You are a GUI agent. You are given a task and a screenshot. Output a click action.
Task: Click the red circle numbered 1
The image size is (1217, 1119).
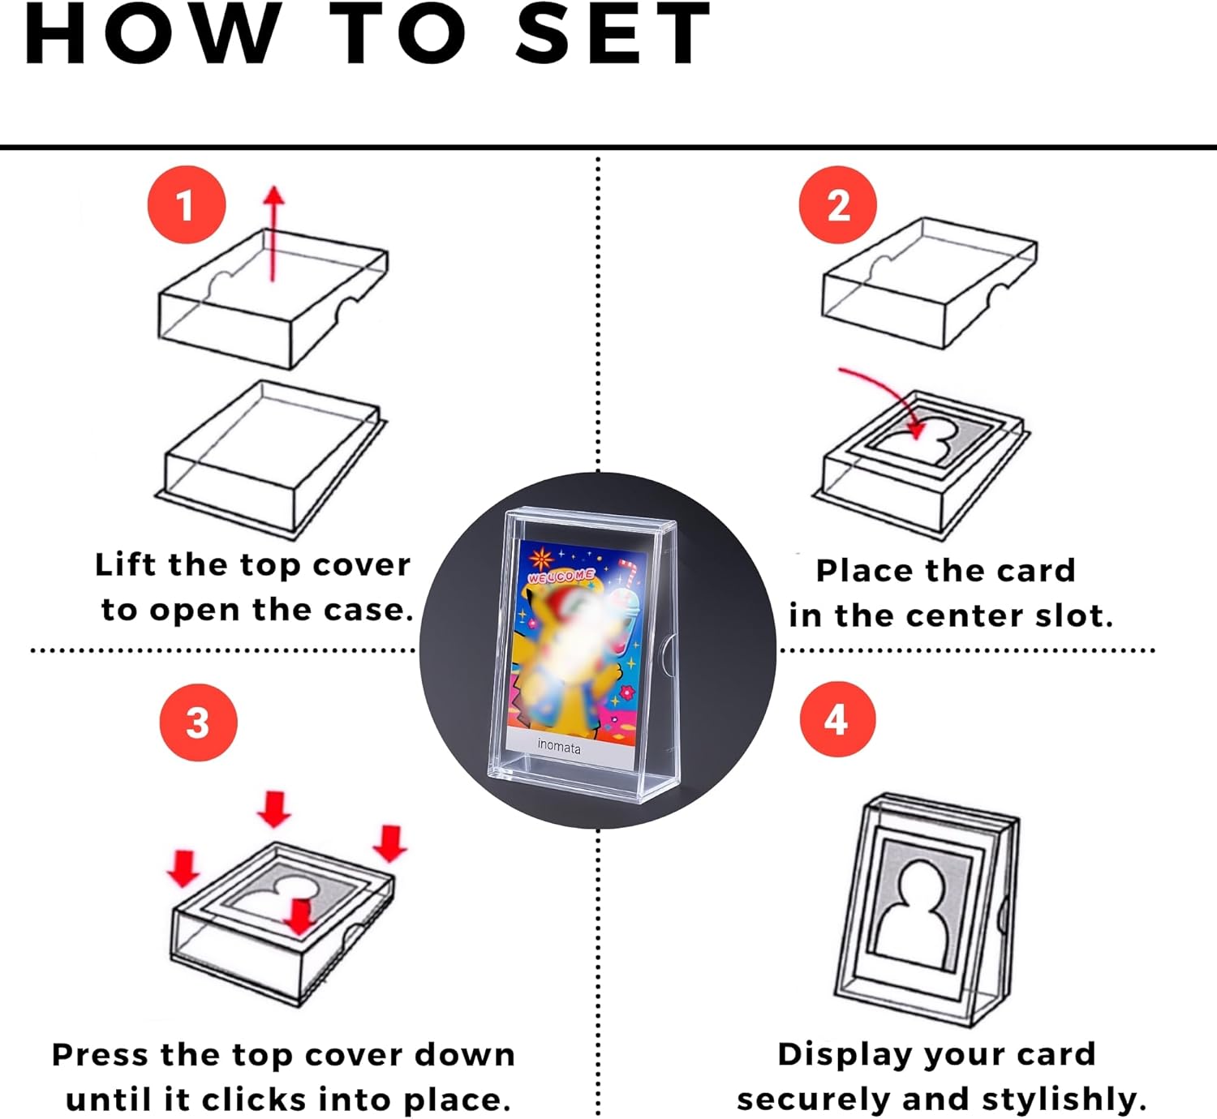187,204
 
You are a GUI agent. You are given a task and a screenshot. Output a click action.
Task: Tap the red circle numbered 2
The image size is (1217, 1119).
838,204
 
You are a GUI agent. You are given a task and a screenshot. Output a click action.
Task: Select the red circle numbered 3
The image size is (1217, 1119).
199,722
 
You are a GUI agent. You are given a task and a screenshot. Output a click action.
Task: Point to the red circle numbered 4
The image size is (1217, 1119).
838,719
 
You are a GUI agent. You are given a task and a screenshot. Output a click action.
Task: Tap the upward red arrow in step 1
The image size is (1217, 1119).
273,234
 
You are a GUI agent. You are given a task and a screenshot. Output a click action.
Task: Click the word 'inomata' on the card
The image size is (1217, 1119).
559,746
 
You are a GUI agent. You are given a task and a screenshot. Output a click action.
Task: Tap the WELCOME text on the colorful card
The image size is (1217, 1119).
561,576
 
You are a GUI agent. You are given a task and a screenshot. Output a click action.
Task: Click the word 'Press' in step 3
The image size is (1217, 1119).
100,1055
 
